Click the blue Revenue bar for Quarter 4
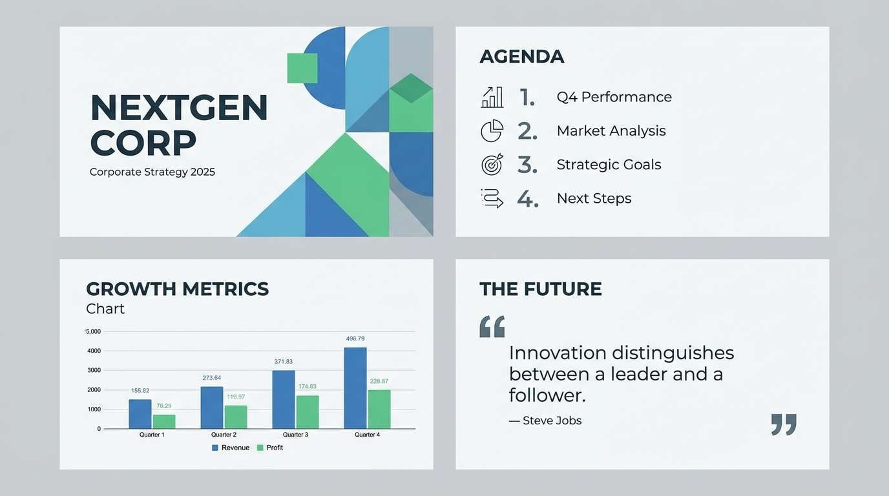pos(355,388)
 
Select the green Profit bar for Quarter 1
pos(164,422)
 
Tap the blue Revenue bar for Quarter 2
pos(211,408)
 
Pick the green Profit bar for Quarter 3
pos(308,412)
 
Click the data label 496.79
pos(355,338)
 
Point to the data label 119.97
pos(236,397)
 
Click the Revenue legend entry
pos(231,448)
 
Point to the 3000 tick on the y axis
pos(94,370)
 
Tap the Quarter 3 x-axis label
pos(295,435)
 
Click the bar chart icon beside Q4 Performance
pos(492,98)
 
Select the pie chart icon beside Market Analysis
pos(492,131)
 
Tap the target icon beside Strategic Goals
pos(492,165)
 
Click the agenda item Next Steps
pos(594,198)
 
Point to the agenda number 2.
pos(527,131)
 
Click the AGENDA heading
pos(522,57)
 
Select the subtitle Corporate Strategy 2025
pos(152,172)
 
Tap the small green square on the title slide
pos(302,68)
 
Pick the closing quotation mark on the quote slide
pos(784,424)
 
